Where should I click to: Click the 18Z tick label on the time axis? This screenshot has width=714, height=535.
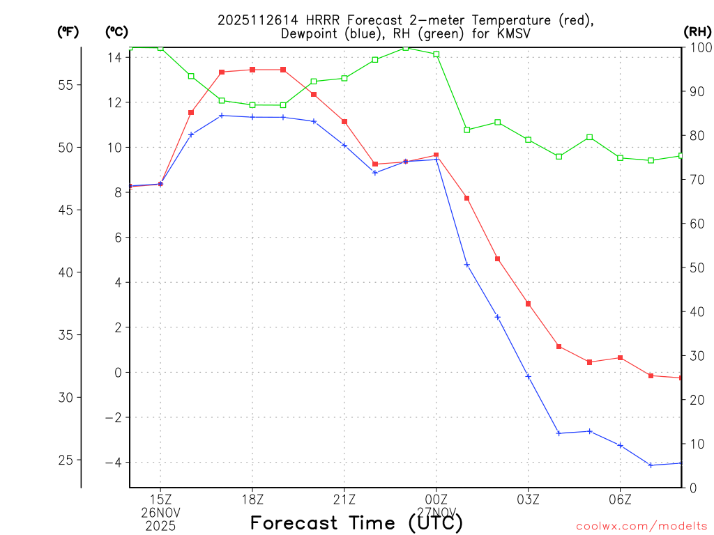coord(252,499)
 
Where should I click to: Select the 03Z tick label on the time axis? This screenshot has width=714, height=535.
coord(528,499)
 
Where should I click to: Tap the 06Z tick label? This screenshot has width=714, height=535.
coord(620,499)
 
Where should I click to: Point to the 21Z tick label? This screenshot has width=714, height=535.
coord(344,499)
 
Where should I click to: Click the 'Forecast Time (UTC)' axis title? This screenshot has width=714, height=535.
coord(356,522)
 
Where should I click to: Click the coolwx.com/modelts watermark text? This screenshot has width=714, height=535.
coord(641,526)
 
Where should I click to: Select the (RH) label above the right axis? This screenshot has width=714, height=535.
coord(697,31)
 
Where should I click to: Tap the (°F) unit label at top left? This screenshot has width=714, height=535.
coord(68,31)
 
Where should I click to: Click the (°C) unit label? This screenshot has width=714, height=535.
coord(116,31)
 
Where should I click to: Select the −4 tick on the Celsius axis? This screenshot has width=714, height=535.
coord(112,463)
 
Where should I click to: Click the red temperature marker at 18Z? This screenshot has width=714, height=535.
coord(252,70)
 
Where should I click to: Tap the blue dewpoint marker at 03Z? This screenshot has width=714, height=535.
coord(528,376)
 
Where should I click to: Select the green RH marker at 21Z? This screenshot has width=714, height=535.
coord(344,78)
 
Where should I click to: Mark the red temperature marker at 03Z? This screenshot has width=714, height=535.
coord(528,304)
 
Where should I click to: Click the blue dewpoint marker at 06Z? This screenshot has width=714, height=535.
coord(620,445)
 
